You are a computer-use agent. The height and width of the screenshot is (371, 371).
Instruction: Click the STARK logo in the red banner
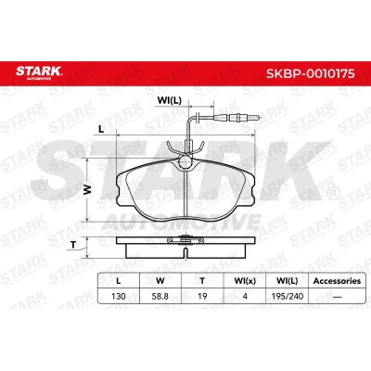(x=39, y=72)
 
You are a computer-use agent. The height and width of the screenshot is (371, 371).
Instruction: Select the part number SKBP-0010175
(x=311, y=73)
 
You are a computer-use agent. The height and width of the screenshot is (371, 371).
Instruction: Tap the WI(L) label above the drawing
(x=169, y=100)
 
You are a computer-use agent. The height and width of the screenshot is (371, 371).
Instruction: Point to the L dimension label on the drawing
(x=101, y=130)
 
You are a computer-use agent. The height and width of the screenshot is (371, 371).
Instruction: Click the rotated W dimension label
(x=89, y=189)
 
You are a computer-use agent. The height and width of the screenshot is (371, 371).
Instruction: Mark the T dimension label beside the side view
(x=73, y=245)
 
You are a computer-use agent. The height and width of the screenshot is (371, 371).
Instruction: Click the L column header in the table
(x=118, y=281)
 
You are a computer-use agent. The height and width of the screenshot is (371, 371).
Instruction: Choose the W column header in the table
(x=160, y=281)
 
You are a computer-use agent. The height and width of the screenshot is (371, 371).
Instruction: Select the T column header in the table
(x=202, y=281)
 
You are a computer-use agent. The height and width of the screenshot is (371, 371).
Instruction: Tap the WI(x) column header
(x=245, y=281)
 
